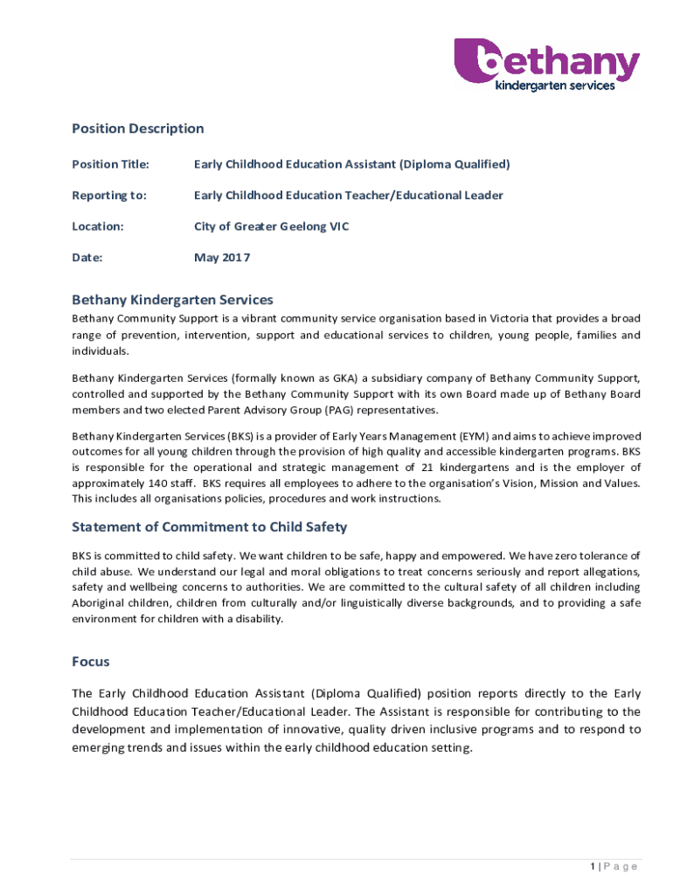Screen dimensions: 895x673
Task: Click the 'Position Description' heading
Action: coord(137,128)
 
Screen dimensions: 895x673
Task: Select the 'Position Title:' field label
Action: coord(110,164)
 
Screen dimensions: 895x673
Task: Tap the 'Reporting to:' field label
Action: coord(108,196)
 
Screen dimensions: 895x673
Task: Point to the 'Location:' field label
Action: coord(97,227)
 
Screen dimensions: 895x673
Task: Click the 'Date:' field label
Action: coord(87,258)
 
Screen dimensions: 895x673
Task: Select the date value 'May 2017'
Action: coord(222,258)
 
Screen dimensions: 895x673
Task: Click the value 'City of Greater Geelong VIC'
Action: coord(271,227)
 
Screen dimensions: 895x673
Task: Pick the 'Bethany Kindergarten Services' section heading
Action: coord(172,300)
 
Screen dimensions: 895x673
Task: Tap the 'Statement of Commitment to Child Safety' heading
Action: coord(209,527)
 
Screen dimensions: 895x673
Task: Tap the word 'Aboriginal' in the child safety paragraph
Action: coord(102,603)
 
